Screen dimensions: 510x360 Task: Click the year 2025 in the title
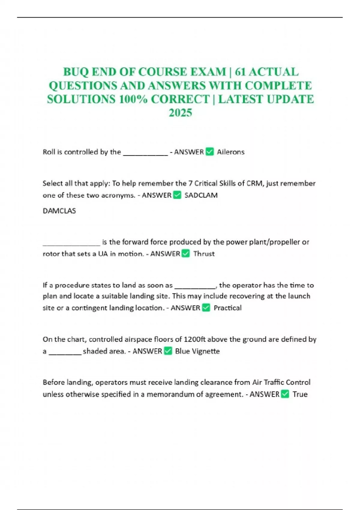(180, 113)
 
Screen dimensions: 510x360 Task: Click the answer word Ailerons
(231, 152)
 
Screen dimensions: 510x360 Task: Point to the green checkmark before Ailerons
(210, 152)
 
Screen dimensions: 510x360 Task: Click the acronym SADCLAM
(201, 195)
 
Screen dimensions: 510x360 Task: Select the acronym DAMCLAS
(59, 211)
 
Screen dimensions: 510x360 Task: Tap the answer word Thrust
(204, 254)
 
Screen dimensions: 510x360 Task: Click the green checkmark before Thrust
(186, 253)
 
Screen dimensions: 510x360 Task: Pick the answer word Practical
(227, 308)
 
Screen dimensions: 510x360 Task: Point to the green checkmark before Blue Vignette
(168, 351)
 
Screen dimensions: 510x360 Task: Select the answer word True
(300, 394)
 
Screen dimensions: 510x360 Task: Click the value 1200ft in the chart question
(194, 339)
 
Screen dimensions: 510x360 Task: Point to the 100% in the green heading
(133, 99)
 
